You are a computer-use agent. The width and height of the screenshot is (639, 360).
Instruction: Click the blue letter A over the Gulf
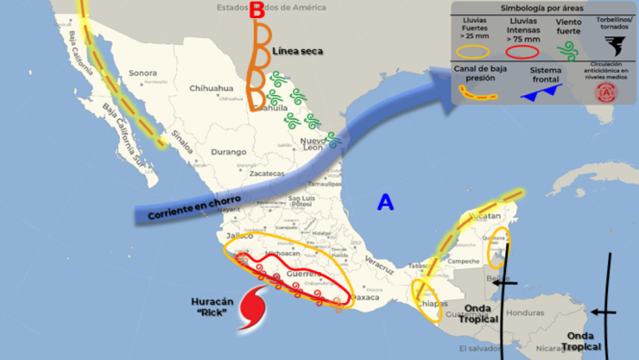(x=385, y=203)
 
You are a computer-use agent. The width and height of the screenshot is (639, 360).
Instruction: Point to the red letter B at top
(x=256, y=11)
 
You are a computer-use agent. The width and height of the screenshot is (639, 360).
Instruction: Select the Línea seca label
(x=297, y=51)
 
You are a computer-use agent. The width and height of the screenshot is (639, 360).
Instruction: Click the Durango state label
(x=229, y=152)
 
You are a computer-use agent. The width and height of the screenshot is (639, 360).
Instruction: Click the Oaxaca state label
(x=365, y=298)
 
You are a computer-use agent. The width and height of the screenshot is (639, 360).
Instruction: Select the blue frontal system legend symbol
(x=542, y=91)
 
